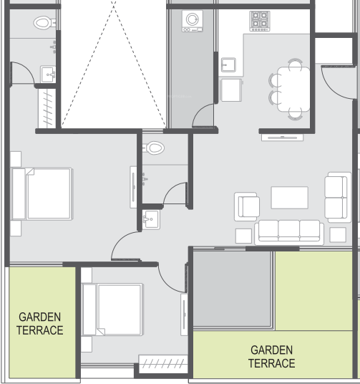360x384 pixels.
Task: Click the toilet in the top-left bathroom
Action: pyautogui.click(x=42, y=23)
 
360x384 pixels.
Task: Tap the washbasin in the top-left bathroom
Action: pyautogui.click(x=49, y=73)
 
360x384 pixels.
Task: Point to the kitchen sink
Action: pyautogui.click(x=229, y=66)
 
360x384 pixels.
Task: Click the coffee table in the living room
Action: pyautogui.click(x=289, y=198)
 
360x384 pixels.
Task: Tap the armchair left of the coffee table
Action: pyautogui.click(x=247, y=207)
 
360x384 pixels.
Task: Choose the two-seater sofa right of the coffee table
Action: pyautogui.click(x=337, y=196)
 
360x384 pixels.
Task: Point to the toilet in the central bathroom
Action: pyautogui.click(x=153, y=148)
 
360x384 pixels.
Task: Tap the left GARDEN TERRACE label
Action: pyautogui.click(x=40, y=323)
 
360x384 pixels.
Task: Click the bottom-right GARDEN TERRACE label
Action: pyautogui.click(x=271, y=356)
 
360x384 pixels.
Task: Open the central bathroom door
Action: pyautogui.click(x=175, y=193)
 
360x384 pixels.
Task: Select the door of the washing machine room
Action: pyautogui.click(x=203, y=115)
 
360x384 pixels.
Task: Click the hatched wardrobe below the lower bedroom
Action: pyautogui.click(x=162, y=364)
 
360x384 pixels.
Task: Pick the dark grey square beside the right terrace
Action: pyautogui.click(x=233, y=289)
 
